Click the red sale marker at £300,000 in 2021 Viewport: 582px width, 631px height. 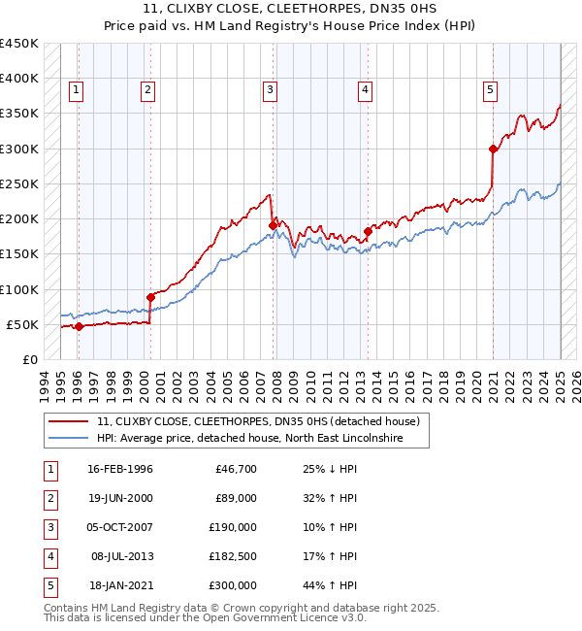tap(493, 149)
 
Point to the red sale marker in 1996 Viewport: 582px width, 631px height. tap(79, 326)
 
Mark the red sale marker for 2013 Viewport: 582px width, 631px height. tap(368, 231)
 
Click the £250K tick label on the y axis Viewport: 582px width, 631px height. tap(18, 183)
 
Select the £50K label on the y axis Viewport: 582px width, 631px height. tap(22, 324)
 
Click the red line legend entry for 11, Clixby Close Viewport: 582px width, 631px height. tap(257, 422)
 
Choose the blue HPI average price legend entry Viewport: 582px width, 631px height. tap(262, 439)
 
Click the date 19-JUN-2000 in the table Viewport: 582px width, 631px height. tap(120, 498)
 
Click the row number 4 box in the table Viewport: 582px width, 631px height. tap(48, 556)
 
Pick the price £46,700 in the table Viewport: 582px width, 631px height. tap(234, 469)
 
